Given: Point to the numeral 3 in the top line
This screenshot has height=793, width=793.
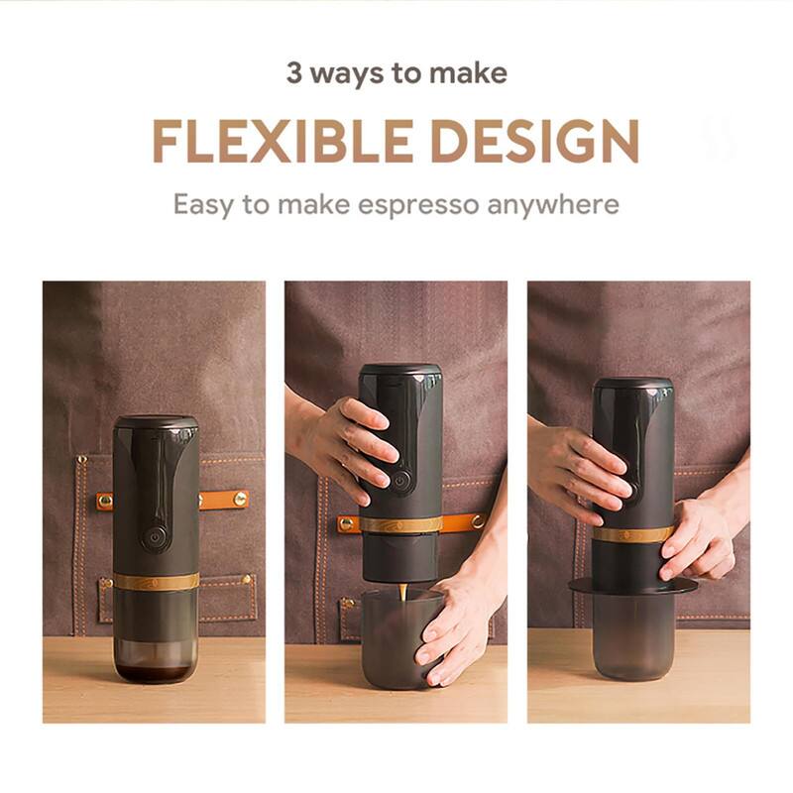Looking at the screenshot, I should coord(293,72).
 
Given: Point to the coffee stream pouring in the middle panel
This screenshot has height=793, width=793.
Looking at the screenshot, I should coord(401,592).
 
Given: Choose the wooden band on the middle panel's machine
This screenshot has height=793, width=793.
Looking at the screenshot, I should coord(400,524).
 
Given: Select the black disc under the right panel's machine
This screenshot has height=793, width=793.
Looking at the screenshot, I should coord(632,586).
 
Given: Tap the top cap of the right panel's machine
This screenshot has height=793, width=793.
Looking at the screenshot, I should coord(632,383).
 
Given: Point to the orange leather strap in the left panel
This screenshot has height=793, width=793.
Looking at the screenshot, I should coord(223,501).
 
